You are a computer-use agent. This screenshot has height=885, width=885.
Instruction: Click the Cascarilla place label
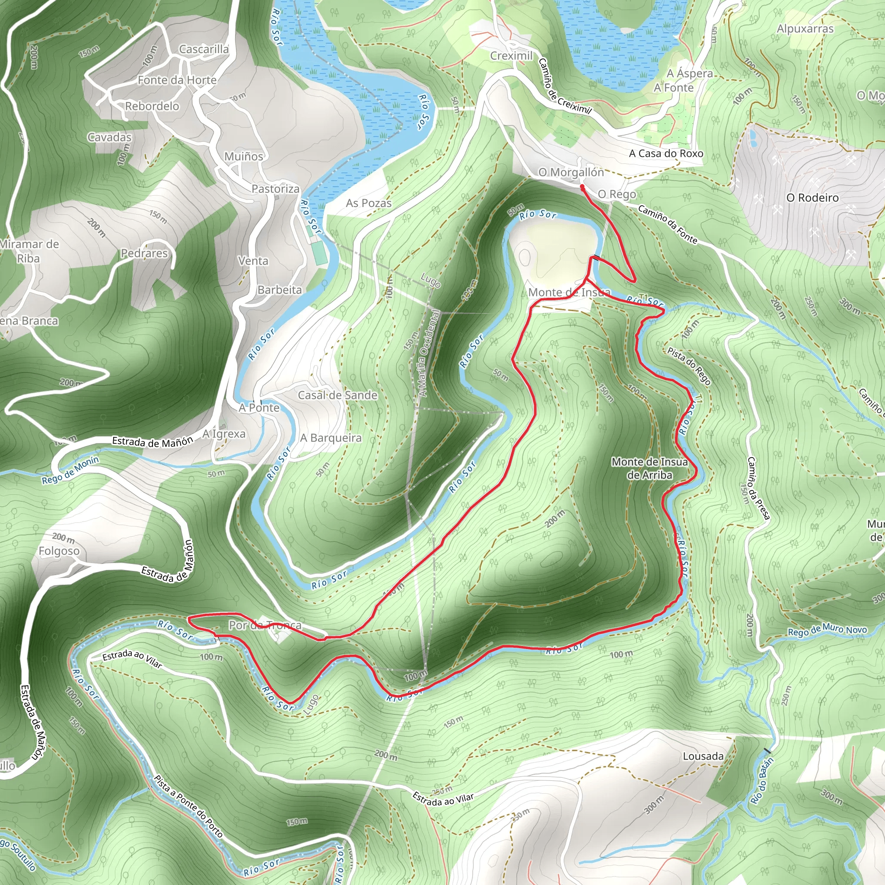point(204,49)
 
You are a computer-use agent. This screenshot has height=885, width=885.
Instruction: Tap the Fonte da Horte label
point(177,80)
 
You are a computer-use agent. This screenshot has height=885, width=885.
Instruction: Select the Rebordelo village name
point(152,106)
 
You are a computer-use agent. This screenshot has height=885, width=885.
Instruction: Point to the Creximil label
point(511,56)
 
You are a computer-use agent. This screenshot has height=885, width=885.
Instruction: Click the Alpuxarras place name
point(805,29)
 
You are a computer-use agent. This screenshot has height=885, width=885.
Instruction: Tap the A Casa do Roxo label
point(665,153)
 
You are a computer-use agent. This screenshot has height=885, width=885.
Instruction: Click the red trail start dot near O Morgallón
point(582,187)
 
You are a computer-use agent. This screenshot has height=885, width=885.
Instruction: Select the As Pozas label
point(369,203)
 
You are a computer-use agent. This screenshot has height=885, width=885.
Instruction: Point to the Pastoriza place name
point(275,189)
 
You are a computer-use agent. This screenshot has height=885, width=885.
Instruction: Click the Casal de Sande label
point(337,395)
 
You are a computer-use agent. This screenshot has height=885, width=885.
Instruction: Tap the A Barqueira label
point(331,438)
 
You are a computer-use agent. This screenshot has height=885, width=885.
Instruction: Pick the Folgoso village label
point(59,551)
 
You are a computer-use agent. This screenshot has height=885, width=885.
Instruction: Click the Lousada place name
point(703,756)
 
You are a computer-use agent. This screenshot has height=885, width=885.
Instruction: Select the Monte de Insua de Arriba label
point(649,468)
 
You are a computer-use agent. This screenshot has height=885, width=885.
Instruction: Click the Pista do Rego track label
point(689,366)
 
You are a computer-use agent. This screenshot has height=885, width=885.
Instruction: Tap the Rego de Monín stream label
point(70,471)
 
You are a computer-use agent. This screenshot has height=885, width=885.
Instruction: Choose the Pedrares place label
point(144,253)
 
